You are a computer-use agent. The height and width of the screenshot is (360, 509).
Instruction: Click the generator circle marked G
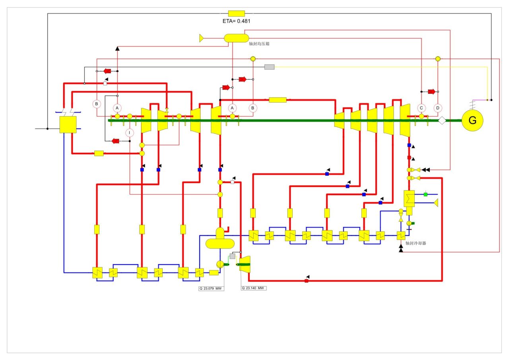[x=472, y=120]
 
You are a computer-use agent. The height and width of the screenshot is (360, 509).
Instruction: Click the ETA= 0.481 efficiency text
[x=236, y=21]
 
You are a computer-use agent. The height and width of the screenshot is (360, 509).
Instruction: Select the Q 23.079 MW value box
[x=211, y=289]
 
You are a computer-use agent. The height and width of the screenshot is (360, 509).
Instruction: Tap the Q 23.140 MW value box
[x=254, y=288]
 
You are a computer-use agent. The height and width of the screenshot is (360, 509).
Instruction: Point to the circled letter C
[x=421, y=108]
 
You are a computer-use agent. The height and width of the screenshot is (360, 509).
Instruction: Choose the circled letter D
[x=438, y=108]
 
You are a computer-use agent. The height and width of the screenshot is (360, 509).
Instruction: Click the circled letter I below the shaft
[x=130, y=133]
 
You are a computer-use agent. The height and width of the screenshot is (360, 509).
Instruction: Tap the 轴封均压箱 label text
[x=259, y=44]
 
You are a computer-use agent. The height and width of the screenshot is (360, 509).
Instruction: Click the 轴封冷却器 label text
[x=416, y=243]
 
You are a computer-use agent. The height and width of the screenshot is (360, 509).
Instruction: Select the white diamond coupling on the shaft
[x=442, y=121]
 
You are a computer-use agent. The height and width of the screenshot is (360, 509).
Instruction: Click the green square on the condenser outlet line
[x=425, y=195]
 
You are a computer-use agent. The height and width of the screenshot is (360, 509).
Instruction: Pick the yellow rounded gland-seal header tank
[x=236, y=38]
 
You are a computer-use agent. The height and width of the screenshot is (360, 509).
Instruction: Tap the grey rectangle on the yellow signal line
[x=270, y=67]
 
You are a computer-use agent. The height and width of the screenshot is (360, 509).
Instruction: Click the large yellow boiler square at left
[x=68, y=125]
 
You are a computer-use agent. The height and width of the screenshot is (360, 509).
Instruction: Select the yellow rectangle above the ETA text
[x=237, y=14]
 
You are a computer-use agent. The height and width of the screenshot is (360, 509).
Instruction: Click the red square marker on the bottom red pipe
[x=306, y=281]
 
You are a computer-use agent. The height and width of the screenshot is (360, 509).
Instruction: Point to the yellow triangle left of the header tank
[x=201, y=38]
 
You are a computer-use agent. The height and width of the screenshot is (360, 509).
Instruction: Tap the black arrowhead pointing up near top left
[x=117, y=49]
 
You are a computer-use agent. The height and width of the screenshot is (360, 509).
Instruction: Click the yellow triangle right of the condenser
[x=436, y=203]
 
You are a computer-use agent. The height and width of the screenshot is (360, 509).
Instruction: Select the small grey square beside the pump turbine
[x=232, y=256]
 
